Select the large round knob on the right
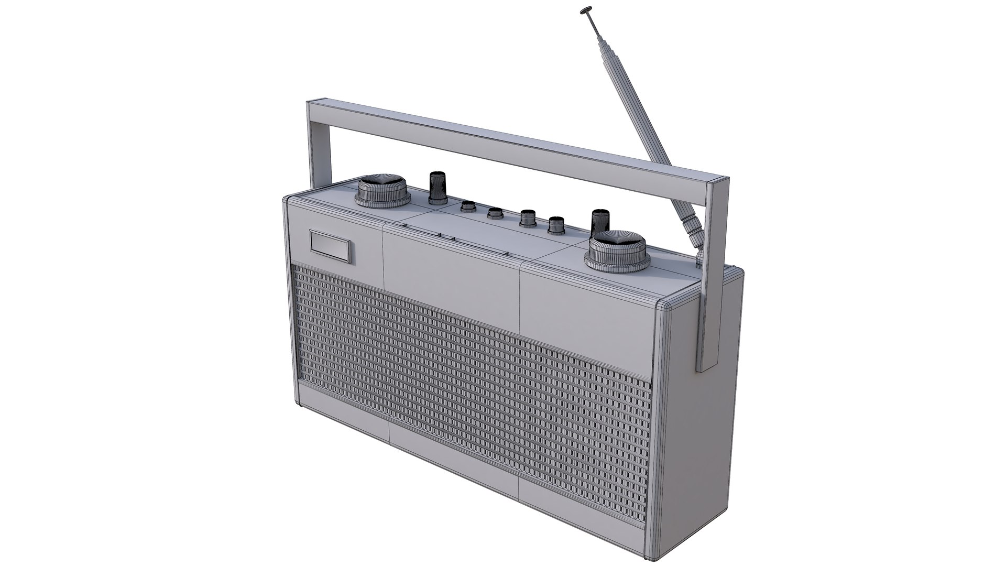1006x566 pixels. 618,253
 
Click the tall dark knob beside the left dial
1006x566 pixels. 436,188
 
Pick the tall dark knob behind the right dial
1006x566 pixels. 600,221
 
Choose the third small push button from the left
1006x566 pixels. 526,218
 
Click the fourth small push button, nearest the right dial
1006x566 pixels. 555,226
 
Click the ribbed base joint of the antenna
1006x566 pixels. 691,225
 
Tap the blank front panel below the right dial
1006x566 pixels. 587,299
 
